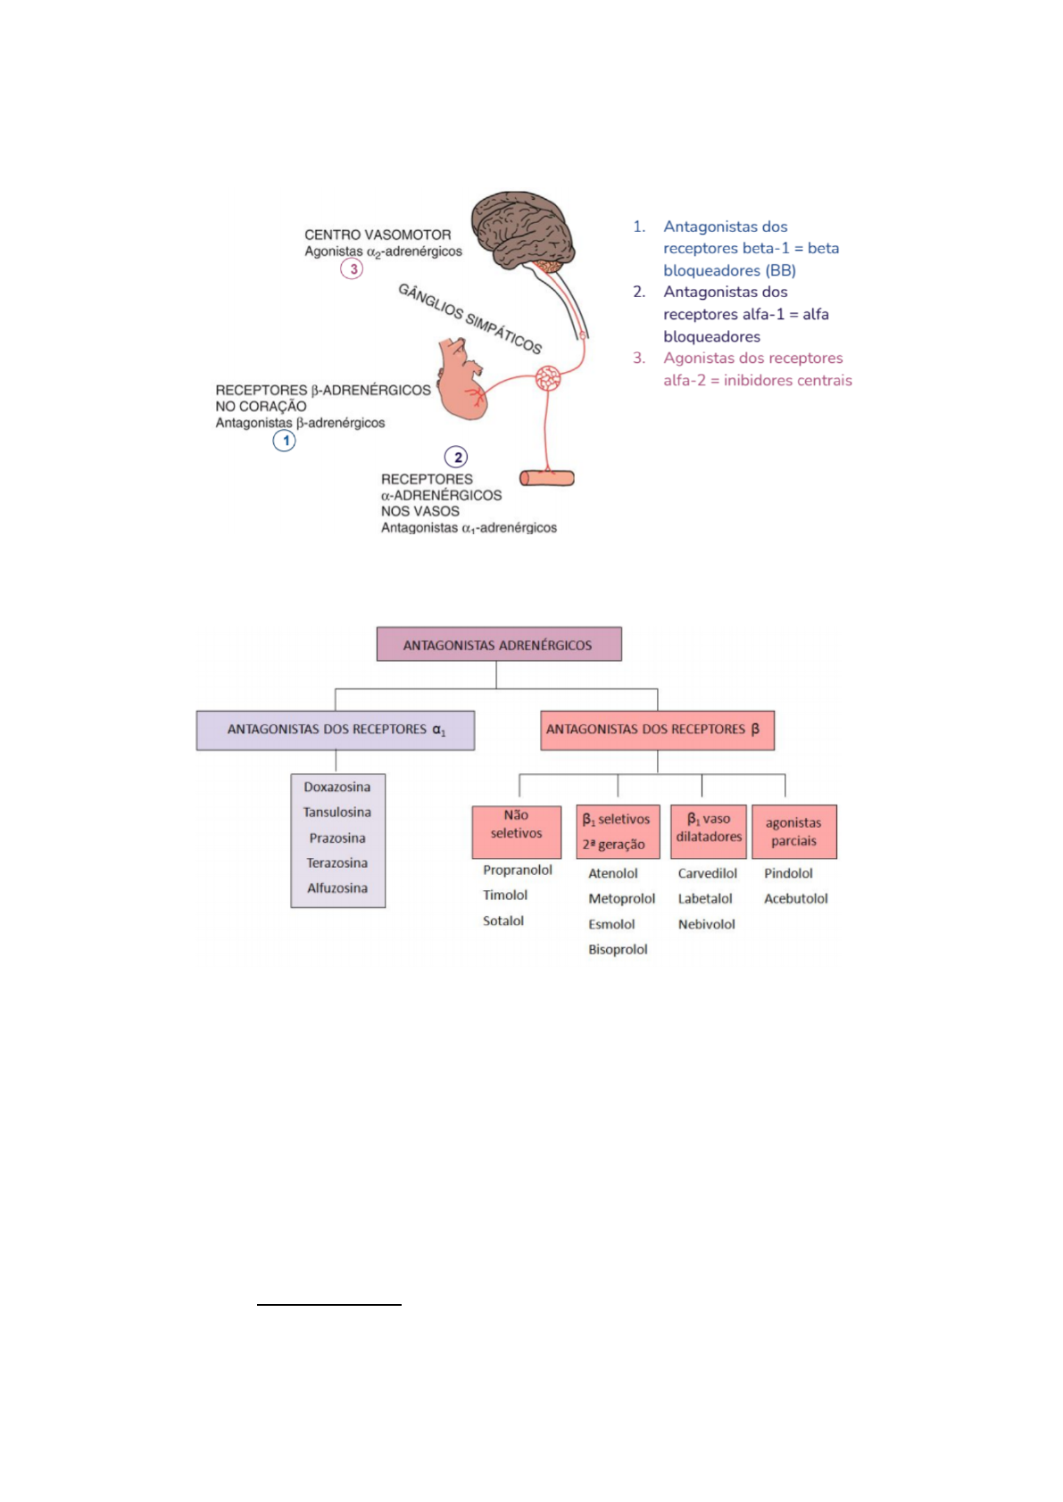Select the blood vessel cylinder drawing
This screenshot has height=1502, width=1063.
[547, 478]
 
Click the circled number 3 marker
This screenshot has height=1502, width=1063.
[352, 268]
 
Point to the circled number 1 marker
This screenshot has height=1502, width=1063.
[285, 441]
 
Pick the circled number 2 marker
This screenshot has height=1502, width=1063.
[456, 458]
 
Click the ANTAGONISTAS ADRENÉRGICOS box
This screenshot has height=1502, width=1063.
[498, 644]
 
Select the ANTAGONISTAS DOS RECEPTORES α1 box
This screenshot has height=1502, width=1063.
[336, 730]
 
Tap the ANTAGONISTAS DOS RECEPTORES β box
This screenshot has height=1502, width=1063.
[657, 730]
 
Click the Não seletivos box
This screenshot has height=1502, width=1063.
[516, 830]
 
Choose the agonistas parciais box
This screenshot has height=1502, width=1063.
[793, 831]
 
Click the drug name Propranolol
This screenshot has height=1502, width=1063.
[518, 870]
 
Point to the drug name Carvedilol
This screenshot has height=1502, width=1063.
[707, 873]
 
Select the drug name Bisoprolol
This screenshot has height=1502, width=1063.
[618, 949]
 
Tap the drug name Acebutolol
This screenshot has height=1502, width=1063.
[795, 898]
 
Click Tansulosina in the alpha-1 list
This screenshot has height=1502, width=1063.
[337, 812]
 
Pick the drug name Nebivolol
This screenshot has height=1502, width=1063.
[706, 924]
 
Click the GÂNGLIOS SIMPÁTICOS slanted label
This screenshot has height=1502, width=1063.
[470, 318]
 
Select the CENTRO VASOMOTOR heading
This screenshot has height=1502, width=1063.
[378, 235]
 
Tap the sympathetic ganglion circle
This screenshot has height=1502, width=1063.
[548, 378]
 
